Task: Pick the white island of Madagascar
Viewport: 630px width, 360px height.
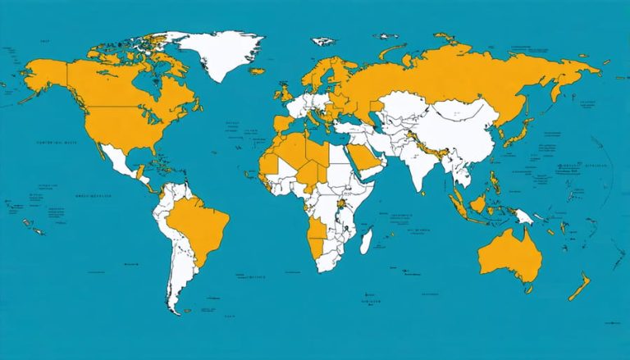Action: [x=368, y=240]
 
